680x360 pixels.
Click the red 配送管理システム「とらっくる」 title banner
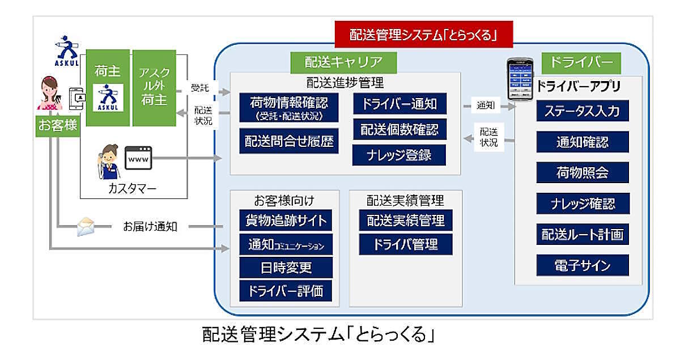[424, 35]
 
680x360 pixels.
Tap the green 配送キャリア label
[343, 62]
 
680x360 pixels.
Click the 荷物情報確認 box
[289, 108]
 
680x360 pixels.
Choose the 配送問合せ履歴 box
[289, 141]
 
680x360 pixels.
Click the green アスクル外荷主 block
[154, 88]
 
